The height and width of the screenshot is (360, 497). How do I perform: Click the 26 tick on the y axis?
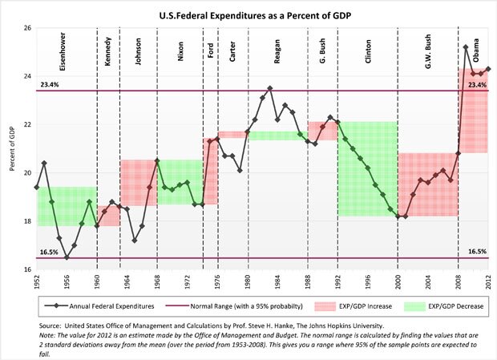pyautogui.click(x=26, y=28)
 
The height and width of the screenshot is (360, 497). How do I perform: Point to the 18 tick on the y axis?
pyautogui.click(x=26, y=221)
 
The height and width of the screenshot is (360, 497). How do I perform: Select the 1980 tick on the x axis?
pyautogui.click(x=249, y=281)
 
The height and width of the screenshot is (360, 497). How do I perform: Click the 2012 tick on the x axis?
pyautogui.click(x=488, y=281)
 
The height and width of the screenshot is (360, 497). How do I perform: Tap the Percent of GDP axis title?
pyautogui.click(x=10, y=149)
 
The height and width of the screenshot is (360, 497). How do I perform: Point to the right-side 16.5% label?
pyautogui.click(x=477, y=251)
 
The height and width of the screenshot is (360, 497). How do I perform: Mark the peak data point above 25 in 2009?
pyautogui.click(x=466, y=47)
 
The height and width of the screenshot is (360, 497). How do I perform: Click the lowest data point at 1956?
pyautogui.click(x=67, y=257)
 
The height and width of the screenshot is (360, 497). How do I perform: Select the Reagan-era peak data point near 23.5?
pyautogui.click(x=270, y=88)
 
